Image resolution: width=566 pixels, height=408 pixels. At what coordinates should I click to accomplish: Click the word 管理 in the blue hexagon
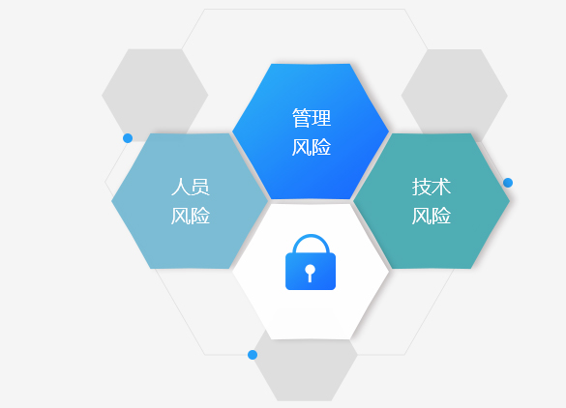(x=312, y=118)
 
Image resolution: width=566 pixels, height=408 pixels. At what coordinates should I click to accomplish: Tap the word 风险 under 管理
(x=312, y=147)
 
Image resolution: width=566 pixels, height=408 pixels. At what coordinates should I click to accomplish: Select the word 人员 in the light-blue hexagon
(x=191, y=187)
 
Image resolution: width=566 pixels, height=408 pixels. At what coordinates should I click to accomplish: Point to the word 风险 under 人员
(x=191, y=216)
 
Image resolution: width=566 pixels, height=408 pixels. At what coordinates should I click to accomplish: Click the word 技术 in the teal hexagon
(x=432, y=187)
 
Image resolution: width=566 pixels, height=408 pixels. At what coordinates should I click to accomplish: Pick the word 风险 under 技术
(x=432, y=216)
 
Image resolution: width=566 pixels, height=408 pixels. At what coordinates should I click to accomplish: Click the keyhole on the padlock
(x=310, y=273)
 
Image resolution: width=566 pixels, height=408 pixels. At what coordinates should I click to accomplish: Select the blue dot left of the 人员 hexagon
(x=128, y=138)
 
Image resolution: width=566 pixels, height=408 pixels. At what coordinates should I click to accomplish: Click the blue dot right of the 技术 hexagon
(x=508, y=183)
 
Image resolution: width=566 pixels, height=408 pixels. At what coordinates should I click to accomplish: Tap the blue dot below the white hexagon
(x=253, y=355)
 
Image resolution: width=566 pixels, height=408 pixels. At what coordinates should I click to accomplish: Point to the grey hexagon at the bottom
(x=305, y=371)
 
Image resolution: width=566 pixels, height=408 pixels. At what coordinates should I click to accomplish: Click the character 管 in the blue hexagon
(x=302, y=118)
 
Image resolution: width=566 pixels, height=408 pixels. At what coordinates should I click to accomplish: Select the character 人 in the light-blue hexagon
(x=181, y=187)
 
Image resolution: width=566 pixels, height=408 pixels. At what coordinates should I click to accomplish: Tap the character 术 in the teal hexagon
(x=441, y=187)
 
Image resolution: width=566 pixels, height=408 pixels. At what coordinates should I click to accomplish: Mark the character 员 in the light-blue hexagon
(x=200, y=187)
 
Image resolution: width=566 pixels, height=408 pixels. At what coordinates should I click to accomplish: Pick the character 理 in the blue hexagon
(x=321, y=118)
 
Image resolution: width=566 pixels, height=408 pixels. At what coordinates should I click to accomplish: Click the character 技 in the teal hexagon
(x=421, y=187)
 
